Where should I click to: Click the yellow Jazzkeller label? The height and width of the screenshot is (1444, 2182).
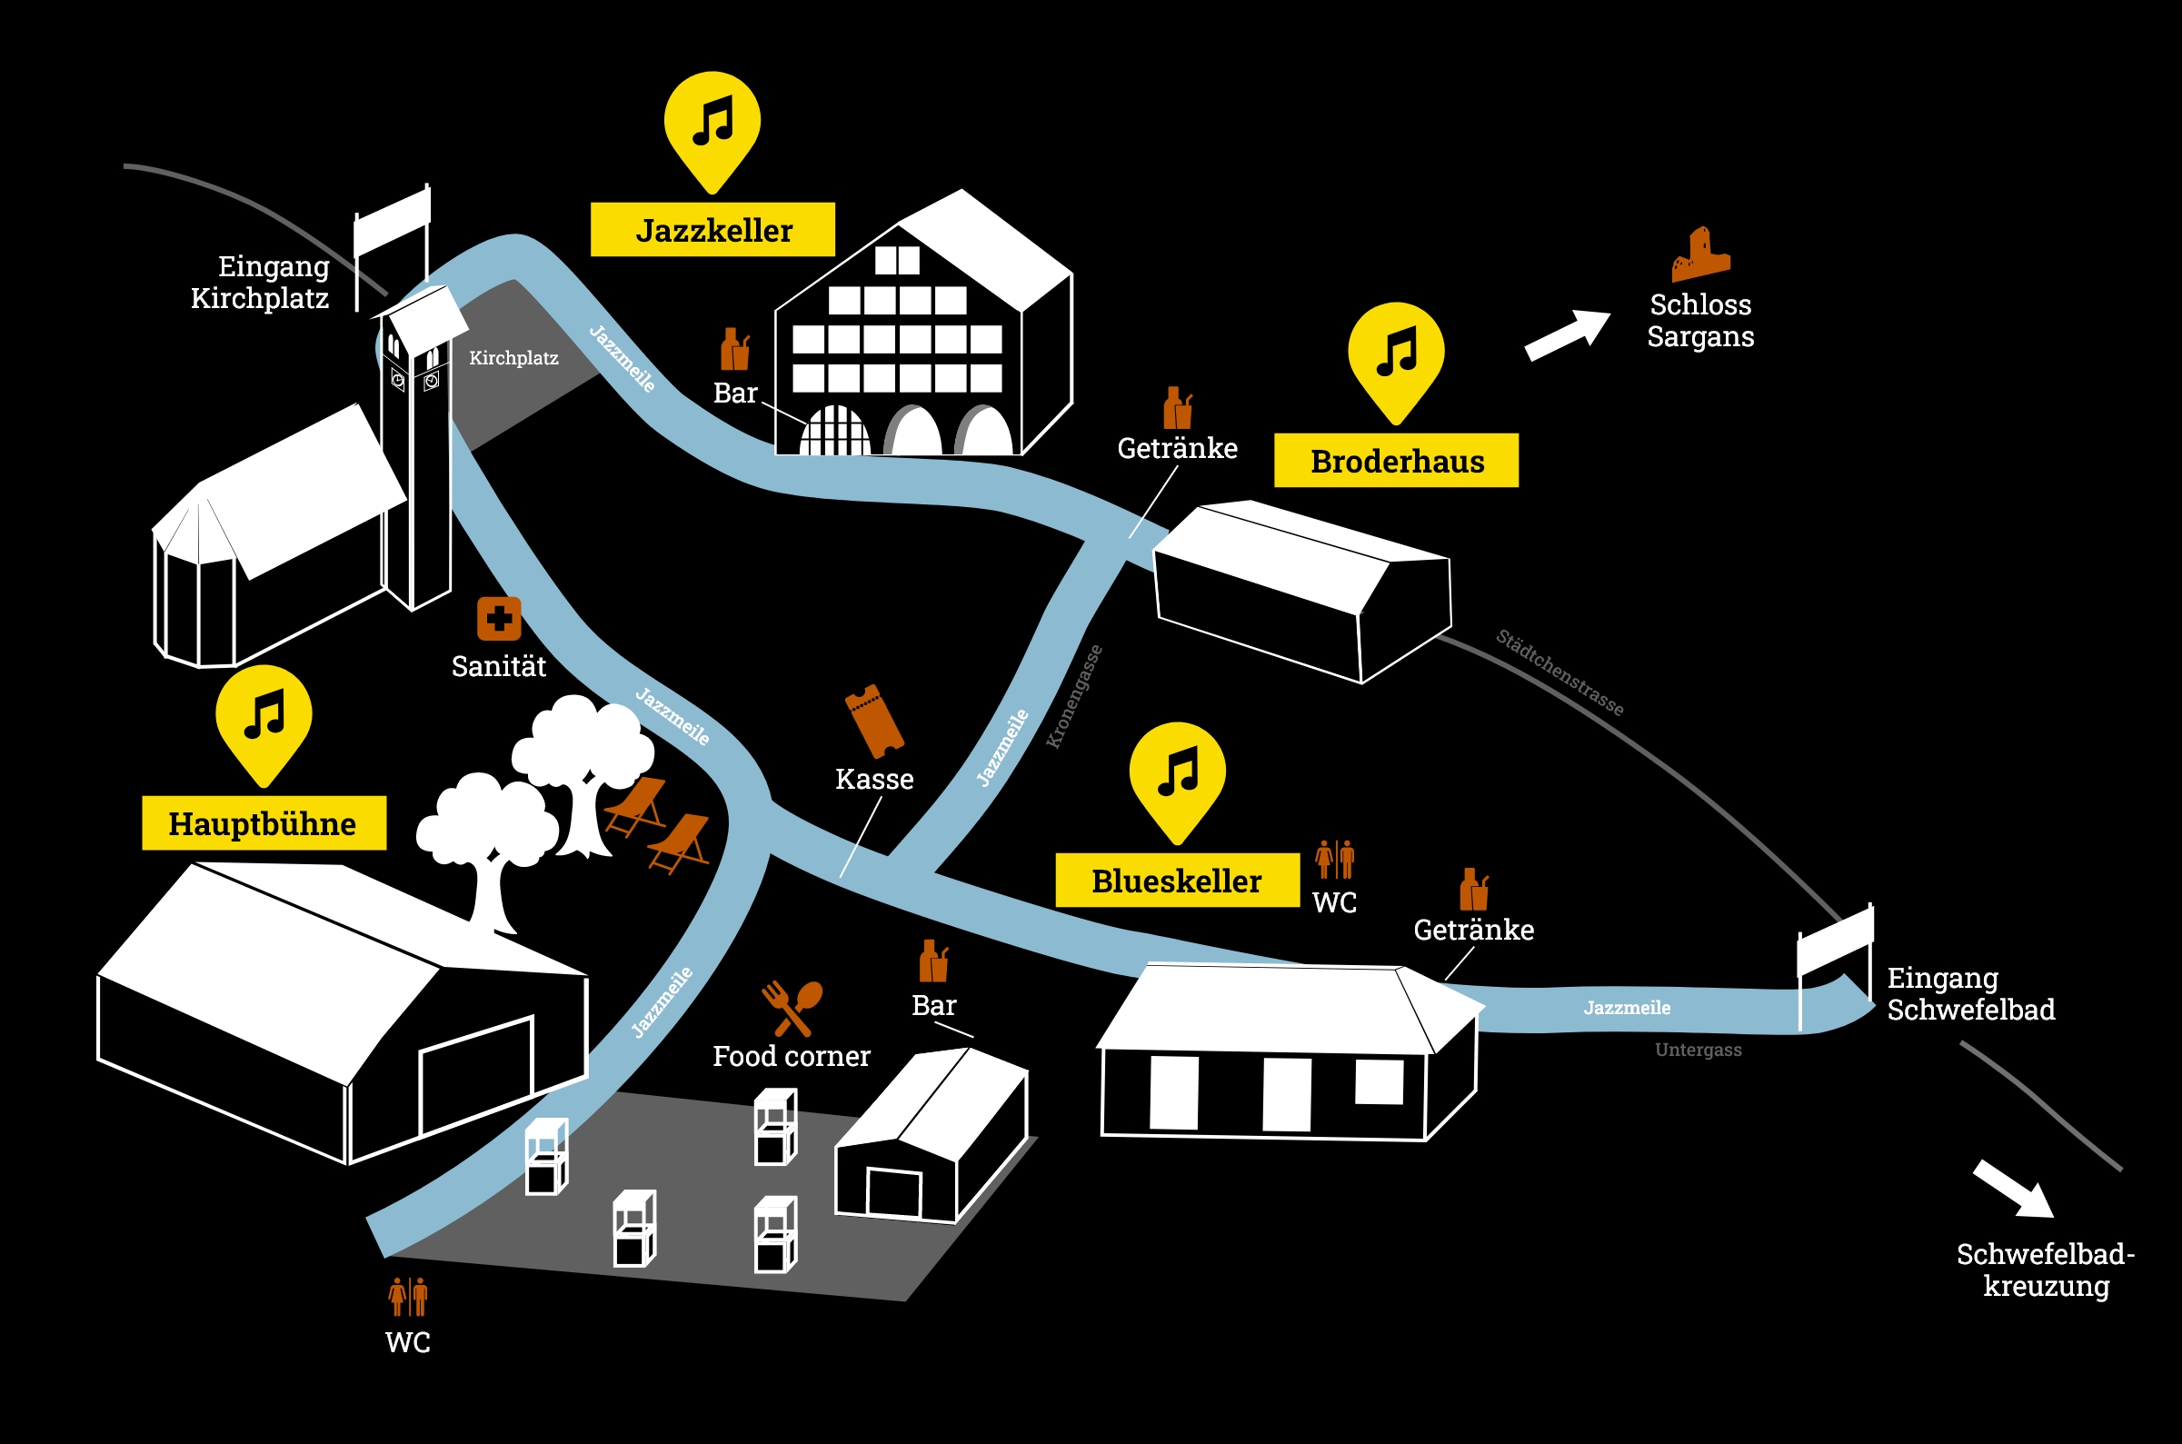pos(712,229)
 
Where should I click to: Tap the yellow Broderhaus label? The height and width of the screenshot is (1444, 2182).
pos(1396,461)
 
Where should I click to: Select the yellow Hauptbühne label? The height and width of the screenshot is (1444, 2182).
pos(264,822)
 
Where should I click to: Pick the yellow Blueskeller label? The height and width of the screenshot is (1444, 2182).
pos(1178,881)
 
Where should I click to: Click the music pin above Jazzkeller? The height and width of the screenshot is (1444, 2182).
pos(712,129)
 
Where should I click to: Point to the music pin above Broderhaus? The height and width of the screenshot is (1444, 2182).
pos(1396,359)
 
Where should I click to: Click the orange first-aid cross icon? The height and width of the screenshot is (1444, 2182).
pos(499,619)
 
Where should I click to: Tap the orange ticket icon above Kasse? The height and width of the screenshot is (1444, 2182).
pos(873,720)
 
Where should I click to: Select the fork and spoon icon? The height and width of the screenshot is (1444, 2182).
pos(792,1009)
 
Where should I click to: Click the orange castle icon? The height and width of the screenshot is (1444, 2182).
pos(1700,254)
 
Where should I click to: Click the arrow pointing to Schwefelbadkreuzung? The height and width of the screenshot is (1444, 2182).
pos(2013,1189)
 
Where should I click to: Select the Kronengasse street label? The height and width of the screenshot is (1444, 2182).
pos(1074,696)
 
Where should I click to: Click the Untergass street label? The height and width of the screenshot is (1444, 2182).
pos(1698,1050)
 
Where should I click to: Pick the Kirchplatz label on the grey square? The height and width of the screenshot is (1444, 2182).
pos(513,358)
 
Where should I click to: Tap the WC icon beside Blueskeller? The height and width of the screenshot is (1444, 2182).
pos(1335,859)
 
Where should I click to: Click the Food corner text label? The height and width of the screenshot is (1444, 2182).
pos(792,1056)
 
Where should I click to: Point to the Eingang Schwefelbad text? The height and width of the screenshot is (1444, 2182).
pos(1970,993)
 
